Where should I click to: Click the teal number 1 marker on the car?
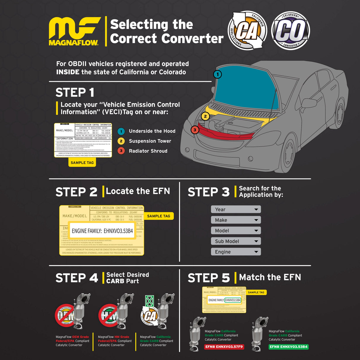217,74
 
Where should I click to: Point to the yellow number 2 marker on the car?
205,116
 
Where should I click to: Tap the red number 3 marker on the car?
195,130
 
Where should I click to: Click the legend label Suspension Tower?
150,141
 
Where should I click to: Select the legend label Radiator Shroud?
148,151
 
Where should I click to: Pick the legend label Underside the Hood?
152,131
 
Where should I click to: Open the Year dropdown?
236,209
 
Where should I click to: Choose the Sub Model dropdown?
236,241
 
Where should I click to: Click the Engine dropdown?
236,252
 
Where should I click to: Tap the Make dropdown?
236,220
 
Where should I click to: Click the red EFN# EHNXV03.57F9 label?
224,347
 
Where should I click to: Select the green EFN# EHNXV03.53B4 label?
289,347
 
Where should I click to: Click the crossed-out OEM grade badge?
65,315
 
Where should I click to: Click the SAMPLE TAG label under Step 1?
82,163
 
